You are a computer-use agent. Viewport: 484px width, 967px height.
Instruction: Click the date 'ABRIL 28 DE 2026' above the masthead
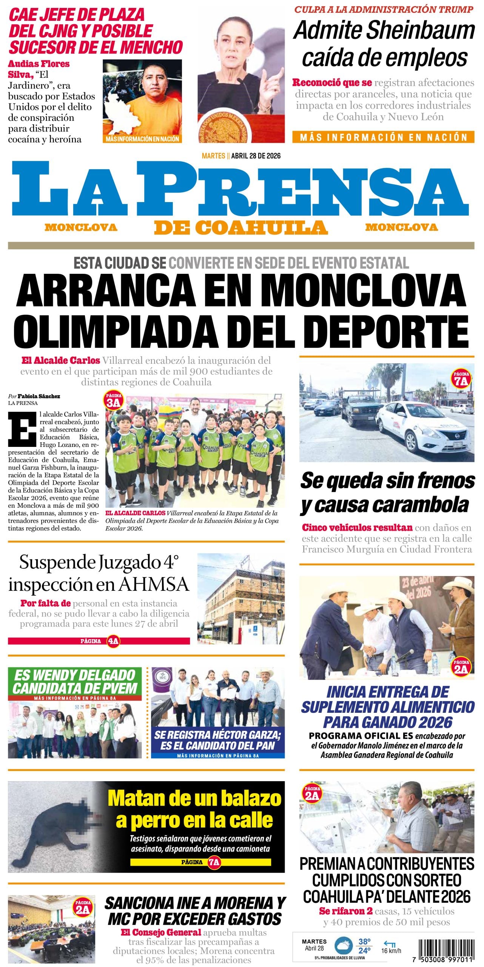pyautogui.click(x=256, y=156)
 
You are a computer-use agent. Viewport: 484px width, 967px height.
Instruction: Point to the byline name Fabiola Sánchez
pyautogui.click(x=39, y=396)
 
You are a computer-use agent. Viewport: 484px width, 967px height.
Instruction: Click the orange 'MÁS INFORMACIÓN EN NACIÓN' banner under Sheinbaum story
pyautogui.click(x=383, y=137)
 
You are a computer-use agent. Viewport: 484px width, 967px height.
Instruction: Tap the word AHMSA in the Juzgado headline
pyautogui.click(x=154, y=584)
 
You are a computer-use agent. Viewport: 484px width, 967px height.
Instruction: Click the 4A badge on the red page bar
pyautogui.click(x=113, y=641)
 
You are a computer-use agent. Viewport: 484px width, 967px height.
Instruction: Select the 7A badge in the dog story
pyautogui.click(x=214, y=862)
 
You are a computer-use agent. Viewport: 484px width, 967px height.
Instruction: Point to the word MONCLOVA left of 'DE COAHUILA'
pyautogui.click(x=81, y=227)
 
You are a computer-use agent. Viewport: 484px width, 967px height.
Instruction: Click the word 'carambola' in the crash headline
pyautogui.click(x=421, y=505)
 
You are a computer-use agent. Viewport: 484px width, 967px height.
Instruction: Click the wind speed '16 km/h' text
pyautogui.click(x=391, y=950)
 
